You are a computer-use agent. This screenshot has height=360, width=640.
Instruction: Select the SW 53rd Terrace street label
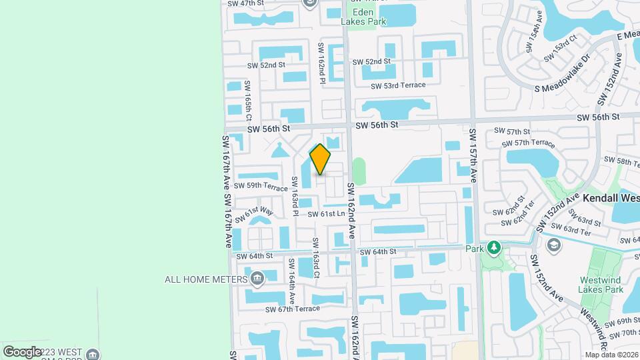click(x=398, y=86)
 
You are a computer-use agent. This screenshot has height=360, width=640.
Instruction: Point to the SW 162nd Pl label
click(x=321, y=64)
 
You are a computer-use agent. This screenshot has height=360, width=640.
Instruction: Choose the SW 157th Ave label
click(x=473, y=155)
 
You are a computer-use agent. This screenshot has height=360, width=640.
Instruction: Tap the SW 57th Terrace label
click(x=529, y=143)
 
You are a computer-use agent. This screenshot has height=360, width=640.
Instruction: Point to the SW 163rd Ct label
click(x=316, y=259)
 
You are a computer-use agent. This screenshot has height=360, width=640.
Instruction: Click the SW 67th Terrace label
click(x=293, y=309)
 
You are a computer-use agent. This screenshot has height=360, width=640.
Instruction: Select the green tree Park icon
click(x=493, y=249)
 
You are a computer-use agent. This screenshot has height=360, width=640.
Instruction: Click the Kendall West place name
click(x=611, y=199)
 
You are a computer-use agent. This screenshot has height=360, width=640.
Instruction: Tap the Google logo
click(x=23, y=351)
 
